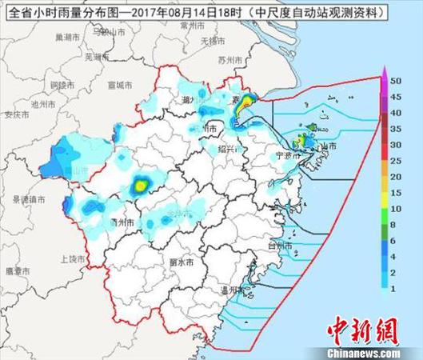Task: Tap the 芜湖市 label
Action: pos(94,58)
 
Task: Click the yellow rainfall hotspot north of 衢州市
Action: pos(141,186)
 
